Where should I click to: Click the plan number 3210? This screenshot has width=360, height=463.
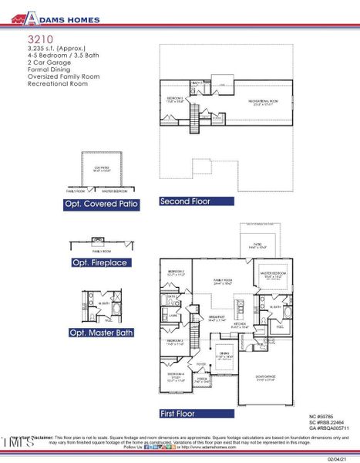[38, 38]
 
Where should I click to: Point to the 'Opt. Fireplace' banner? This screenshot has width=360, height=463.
[99, 262]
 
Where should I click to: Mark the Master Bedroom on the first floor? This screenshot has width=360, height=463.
[273, 275]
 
